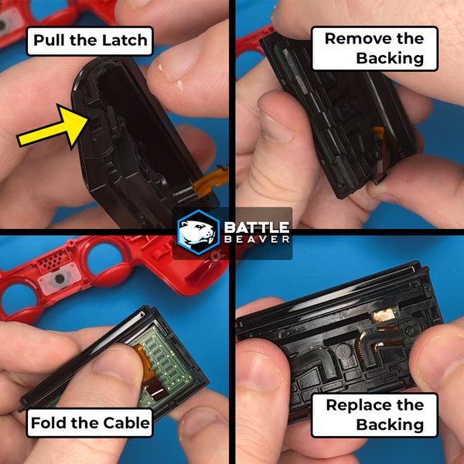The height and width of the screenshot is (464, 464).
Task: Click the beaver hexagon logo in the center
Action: tap(198, 233)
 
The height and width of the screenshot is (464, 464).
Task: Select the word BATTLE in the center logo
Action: tap(257, 227)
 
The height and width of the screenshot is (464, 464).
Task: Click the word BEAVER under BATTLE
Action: tap(257, 239)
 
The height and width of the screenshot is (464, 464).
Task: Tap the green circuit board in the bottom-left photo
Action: tap(165, 370)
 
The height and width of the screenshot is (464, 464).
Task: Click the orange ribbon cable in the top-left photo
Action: tap(210, 179)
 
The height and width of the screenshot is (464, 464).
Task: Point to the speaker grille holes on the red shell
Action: tap(55, 260)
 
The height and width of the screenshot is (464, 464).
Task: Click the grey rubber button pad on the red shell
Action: tap(60, 278)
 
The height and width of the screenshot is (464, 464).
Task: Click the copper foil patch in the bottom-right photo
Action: tap(382, 316)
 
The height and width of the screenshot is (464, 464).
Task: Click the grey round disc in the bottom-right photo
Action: tap(343, 352)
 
